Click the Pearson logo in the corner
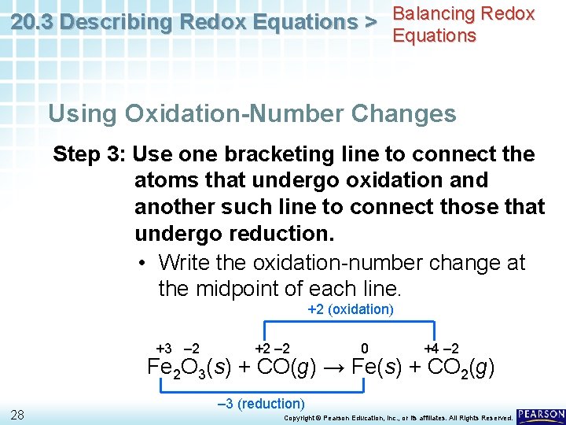pos(541,415)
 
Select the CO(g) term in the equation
pos(285,368)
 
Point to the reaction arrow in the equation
pos(333,368)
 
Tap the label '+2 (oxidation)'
pos(351,309)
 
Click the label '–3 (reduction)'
pos(260,404)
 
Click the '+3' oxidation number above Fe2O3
pos(164,348)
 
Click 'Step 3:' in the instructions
pos(89,154)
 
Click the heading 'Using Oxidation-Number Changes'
pos(252,113)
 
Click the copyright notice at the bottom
pos(397,417)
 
